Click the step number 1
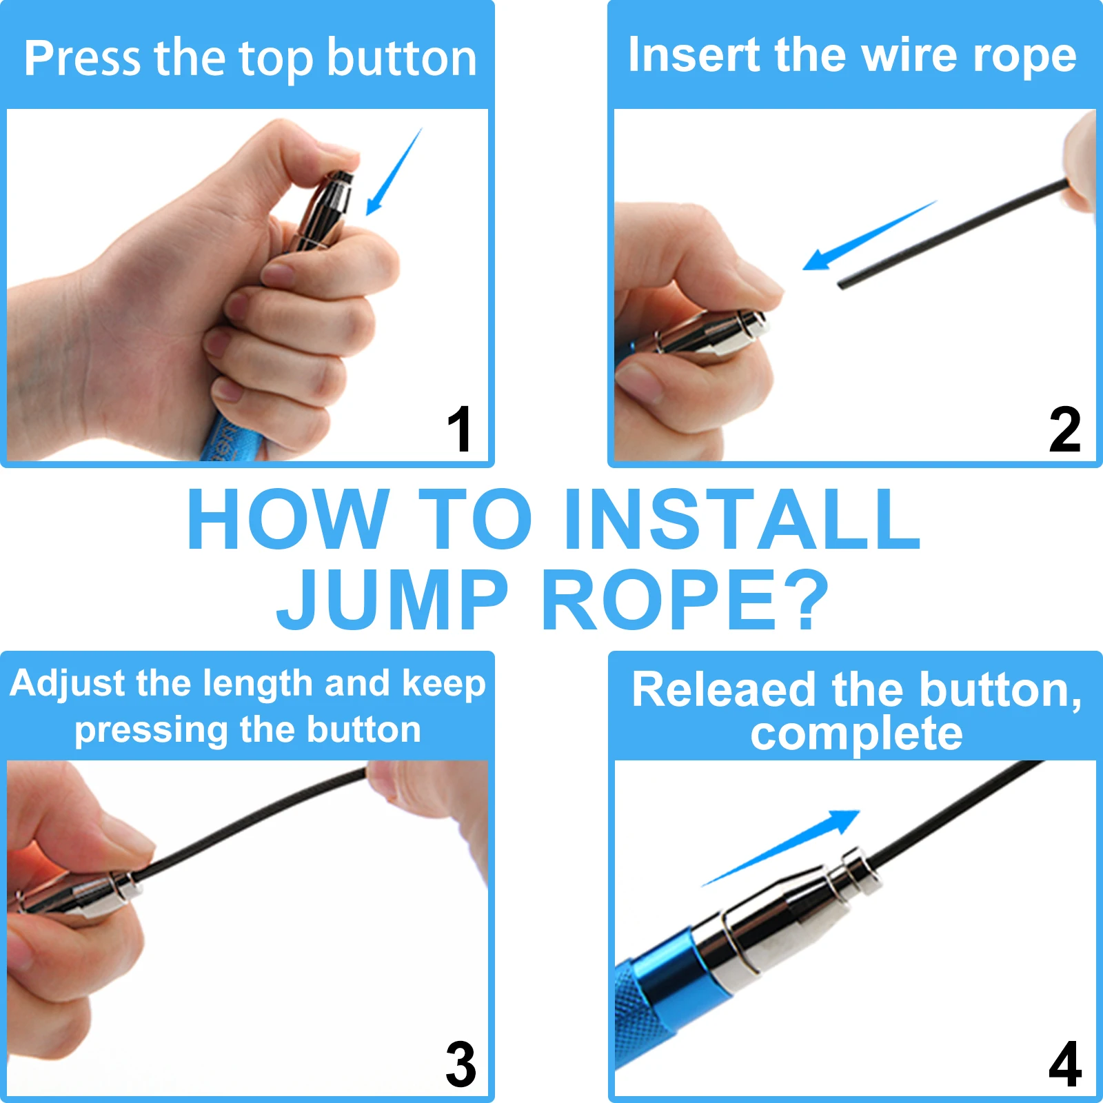pos(460,429)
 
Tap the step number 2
pos(1064,429)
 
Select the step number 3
pos(461,1064)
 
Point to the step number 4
pos(1065,1064)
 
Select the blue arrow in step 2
pos(870,235)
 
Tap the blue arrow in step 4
pos(781,847)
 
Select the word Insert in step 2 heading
pos(694,55)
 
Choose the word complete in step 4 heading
pos(856,733)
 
